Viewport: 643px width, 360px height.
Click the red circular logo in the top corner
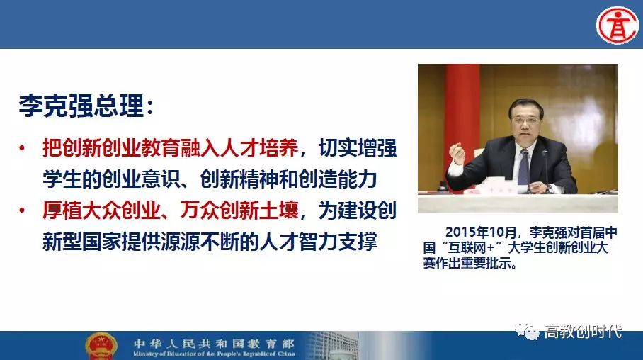click(x=618, y=25)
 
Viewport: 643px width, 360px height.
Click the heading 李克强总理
click(x=81, y=106)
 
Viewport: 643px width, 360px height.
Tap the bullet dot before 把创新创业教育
click(x=22, y=148)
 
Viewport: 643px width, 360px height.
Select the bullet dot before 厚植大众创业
click(x=22, y=210)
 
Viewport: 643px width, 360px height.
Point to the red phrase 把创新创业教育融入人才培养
click(x=170, y=148)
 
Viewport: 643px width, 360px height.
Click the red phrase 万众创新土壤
click(x=239, y=210)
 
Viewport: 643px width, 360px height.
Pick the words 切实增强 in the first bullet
click(x=358, y=148)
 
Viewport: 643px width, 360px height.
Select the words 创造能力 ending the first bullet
click(x=338, y=179)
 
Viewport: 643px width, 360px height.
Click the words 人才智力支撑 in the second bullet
click(x=318, y=242)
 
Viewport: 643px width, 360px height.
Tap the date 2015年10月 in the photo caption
click(x=481, y=232)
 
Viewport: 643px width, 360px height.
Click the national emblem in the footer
click(x=101, y=346)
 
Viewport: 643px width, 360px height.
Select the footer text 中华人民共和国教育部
click(x=214, y=343)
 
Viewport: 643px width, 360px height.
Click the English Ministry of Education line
click(x=214, y=354)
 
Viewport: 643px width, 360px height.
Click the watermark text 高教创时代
click(x=583, y=332)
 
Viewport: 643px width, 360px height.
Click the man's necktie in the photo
click(x=523, y=167)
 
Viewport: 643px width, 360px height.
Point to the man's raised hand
click(x=457, y=154)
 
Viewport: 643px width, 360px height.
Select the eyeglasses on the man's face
click(x=527, y=118)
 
